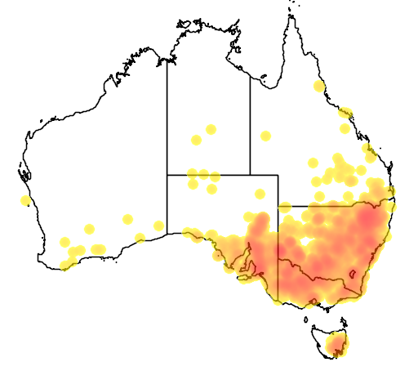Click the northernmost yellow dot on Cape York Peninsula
click(x=318, y=86)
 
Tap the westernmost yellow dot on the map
click(x=26, y=201)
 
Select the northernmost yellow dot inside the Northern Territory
click(x=211, y=129)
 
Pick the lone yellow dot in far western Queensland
click(x=265, y=135)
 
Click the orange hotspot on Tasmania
click(x=336, y=349)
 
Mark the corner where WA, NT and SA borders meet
click(x=167, y=174)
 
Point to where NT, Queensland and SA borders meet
click(x=250, y=174)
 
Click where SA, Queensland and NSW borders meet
click(x=278, y=206)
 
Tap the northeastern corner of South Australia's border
click(x=278, y=174)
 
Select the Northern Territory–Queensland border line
click(x=250, y=123)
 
